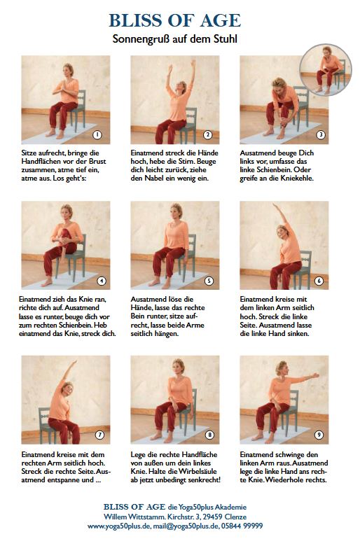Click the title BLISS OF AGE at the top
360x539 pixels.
[x=174, y=20]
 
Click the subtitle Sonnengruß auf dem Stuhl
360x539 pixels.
[x=174, y=38]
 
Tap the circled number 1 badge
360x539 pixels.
[x=97, y=134]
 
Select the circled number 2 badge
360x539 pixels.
[x=207, y=134]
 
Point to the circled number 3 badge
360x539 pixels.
[x=321, y=134]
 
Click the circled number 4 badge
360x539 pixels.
[x=102, y=281]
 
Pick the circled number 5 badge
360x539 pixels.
[x=209, y=281]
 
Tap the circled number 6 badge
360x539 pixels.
[x=319, y=281]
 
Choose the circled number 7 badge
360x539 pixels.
[x=99, y=435]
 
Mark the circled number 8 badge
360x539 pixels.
[x=209, y=435]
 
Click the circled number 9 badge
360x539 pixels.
[x=319, y=435]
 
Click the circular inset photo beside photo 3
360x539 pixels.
[x=325, y=69]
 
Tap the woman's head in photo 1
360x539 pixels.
[x=68, y=70]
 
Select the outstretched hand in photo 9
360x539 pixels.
[x=315, y=375]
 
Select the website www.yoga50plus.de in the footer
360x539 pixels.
[x=119, y=526]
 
